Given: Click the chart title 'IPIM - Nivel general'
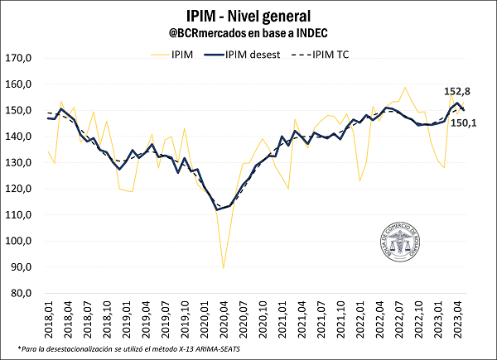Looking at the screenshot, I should tap(248, 15).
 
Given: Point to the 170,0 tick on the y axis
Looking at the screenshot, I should tap(18, 59).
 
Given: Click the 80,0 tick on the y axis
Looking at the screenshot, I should tap(18, 293).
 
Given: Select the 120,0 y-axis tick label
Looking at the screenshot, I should tap(18, 189).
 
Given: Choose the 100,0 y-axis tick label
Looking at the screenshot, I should tap(18, 241).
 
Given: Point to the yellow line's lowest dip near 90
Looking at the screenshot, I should tap(224, 267).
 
